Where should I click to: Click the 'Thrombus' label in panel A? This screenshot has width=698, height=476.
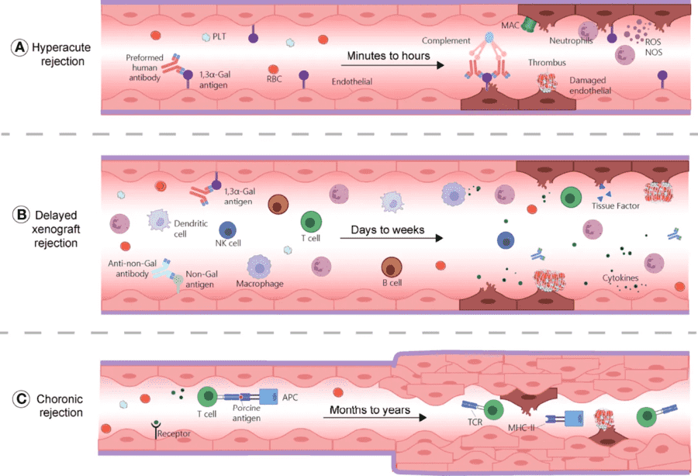coord(546,63)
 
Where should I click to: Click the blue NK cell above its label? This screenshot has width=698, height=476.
coord(228,231)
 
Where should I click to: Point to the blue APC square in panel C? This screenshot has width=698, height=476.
coord(270,397)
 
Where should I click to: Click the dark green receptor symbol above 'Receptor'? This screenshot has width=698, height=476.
coord(156,425)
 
